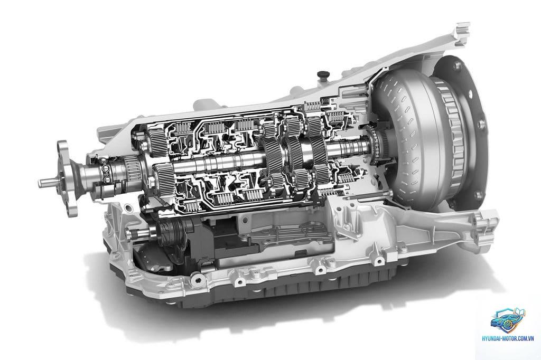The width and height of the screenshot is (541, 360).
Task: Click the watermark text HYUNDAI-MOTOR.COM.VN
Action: coord(508,338)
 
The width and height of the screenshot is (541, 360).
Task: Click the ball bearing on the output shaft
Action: coord(105,174)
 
